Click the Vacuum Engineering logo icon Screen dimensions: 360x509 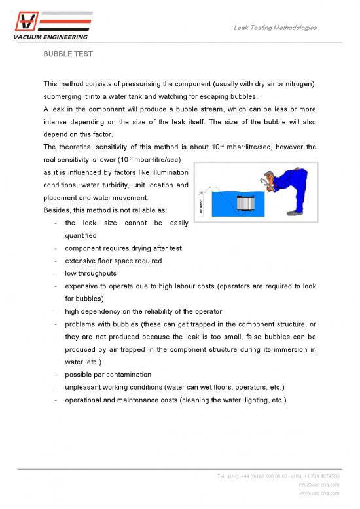coord(26,22)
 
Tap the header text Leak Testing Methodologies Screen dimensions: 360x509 coord(275,28)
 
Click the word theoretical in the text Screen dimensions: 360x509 coord(84,147)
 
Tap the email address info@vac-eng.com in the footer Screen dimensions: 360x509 coord(317,485)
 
